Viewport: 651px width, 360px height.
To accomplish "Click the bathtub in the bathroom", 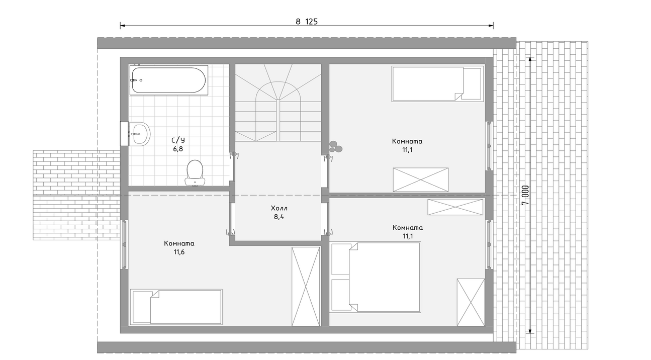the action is coord(168,80).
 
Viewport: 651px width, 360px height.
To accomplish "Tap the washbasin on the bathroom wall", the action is coord(139,134).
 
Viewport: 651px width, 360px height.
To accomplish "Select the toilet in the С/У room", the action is coord(195,173).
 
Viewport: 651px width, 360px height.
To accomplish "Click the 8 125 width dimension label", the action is coord(307,22).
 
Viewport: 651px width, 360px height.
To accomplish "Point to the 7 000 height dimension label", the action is coord(525,195).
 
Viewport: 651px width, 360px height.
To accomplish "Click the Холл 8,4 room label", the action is coord(279,212).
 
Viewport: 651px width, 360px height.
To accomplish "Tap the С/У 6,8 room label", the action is coord(178,144).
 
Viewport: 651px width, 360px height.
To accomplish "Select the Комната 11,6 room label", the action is coord(179,247).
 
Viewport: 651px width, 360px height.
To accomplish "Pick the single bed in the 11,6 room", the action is coord(176,307).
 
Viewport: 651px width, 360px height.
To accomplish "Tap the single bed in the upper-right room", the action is coord(438,84).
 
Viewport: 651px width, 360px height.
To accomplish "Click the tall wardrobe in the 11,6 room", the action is coord(306,287).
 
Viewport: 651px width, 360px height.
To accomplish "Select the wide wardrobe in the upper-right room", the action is coord(421,179).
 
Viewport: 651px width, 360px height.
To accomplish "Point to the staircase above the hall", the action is coord(278,103).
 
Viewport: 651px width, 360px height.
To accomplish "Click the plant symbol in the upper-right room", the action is coord(336,146).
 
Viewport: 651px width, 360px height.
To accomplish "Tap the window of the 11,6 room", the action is coord(124,244).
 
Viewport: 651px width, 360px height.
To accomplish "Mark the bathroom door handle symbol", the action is coord(234,155).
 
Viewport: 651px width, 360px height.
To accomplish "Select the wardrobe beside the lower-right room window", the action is coord(471,302).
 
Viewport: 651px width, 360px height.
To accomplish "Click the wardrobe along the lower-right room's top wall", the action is coord(455,207).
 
